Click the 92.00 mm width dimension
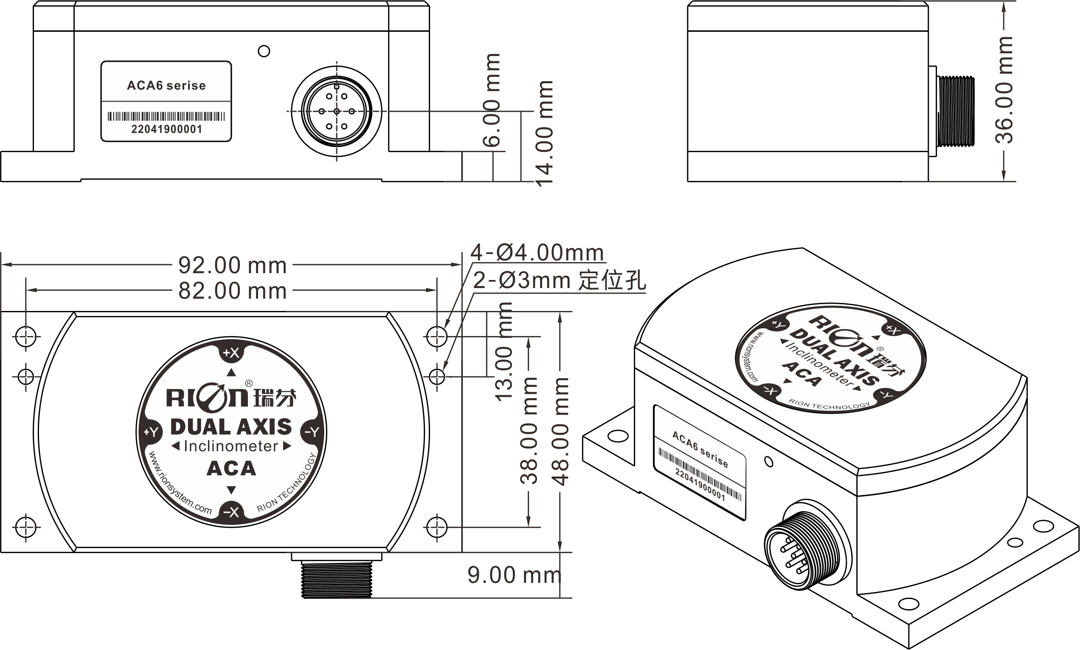[x=232, y=265]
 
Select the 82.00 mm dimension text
[x=232, y=291]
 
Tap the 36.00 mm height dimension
[x=1004, y=90]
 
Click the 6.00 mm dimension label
[x=492, y=99]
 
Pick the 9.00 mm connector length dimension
[x=514, y=575]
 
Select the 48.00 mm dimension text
[x=560, y=431]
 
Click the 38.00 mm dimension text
[x=529, y=431]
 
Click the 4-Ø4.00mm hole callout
[x=537, y=253]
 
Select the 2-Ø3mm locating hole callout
[x=559, y=280]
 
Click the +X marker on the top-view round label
[x=231, y=353]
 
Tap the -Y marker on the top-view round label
[x=312, y=432]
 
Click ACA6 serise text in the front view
[x=166, y=85]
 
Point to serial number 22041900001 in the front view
[x=167, y=129]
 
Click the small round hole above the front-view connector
[x=264, y=51]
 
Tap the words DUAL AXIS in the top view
[x=231, y=427]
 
